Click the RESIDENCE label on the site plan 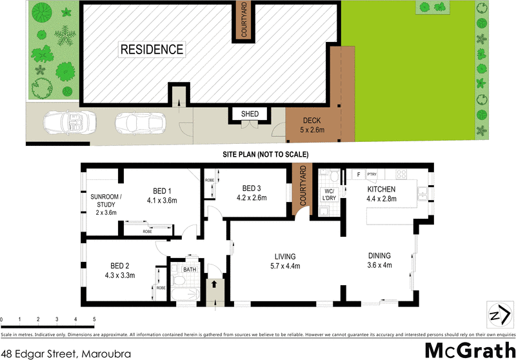[152, 49]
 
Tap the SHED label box [250, 114]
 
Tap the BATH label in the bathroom [190, 269]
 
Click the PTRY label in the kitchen [371, 174]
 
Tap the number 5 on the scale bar [94, 319]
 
